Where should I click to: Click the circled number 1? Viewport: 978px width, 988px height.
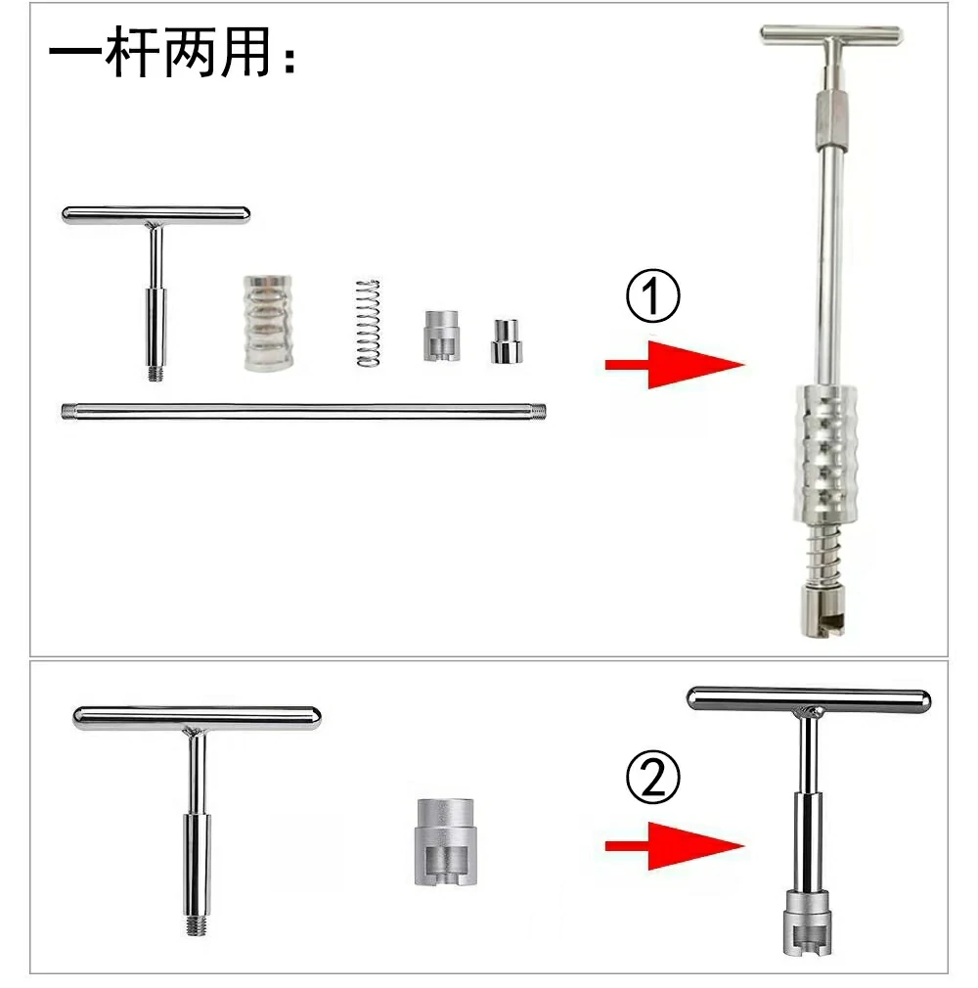click(652, 296)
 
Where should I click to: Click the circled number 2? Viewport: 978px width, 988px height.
click(652, 777)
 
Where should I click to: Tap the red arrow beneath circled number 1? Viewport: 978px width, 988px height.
click(674, 364)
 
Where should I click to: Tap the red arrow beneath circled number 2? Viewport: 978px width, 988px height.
click(674, 846)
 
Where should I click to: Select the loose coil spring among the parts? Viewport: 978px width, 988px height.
click(368, 323)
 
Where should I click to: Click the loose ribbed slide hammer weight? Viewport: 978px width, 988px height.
click(268, 323)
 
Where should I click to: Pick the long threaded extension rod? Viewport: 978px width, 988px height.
click(304, 412)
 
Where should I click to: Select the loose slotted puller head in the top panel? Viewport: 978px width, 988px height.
click(442, 336)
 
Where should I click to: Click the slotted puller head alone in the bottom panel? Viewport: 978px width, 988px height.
click(444, 841)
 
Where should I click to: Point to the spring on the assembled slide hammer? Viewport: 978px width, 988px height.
click(822, 555)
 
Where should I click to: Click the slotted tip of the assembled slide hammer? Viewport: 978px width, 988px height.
click(822, 610)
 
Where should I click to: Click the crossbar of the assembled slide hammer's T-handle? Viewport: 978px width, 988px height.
click(831, 35)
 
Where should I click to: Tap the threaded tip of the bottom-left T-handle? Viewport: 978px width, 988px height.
click(198, 925)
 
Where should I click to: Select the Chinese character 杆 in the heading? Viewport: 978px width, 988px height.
click(132, 52)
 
